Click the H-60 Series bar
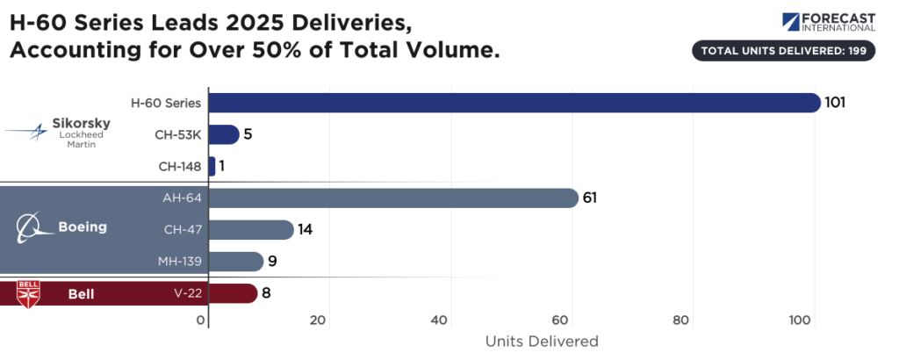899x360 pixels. click(514, 103)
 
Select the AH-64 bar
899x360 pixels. click(392, 198)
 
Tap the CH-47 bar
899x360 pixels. click(250, 229)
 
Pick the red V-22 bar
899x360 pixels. click(233, 293)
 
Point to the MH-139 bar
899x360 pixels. click(235, 261)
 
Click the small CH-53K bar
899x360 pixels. click(223, 134)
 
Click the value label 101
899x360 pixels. click(835, 103)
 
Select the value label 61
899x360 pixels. click(590, 198)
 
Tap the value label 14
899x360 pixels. click(306, 229)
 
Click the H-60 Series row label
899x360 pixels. click(166, 103)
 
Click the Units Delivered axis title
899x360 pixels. click(542, 341)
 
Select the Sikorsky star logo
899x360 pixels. click(29, 133)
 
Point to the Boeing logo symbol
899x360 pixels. click(32, 227)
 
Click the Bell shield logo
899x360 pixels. click(28, 293)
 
